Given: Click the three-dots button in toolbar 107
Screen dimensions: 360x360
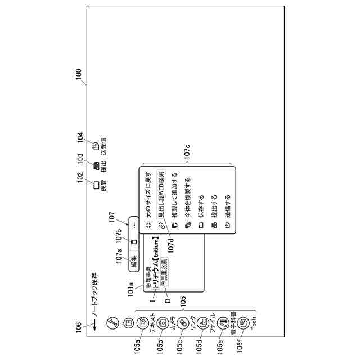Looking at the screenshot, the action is pos(134,223).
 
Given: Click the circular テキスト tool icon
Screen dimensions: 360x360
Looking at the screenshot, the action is pos(143,322).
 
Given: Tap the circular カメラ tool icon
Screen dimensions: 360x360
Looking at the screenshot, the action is pos(163,322).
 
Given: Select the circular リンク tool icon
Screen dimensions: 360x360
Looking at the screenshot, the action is pos(182,322).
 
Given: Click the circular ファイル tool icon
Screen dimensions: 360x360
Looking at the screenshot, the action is pos(202,322).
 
